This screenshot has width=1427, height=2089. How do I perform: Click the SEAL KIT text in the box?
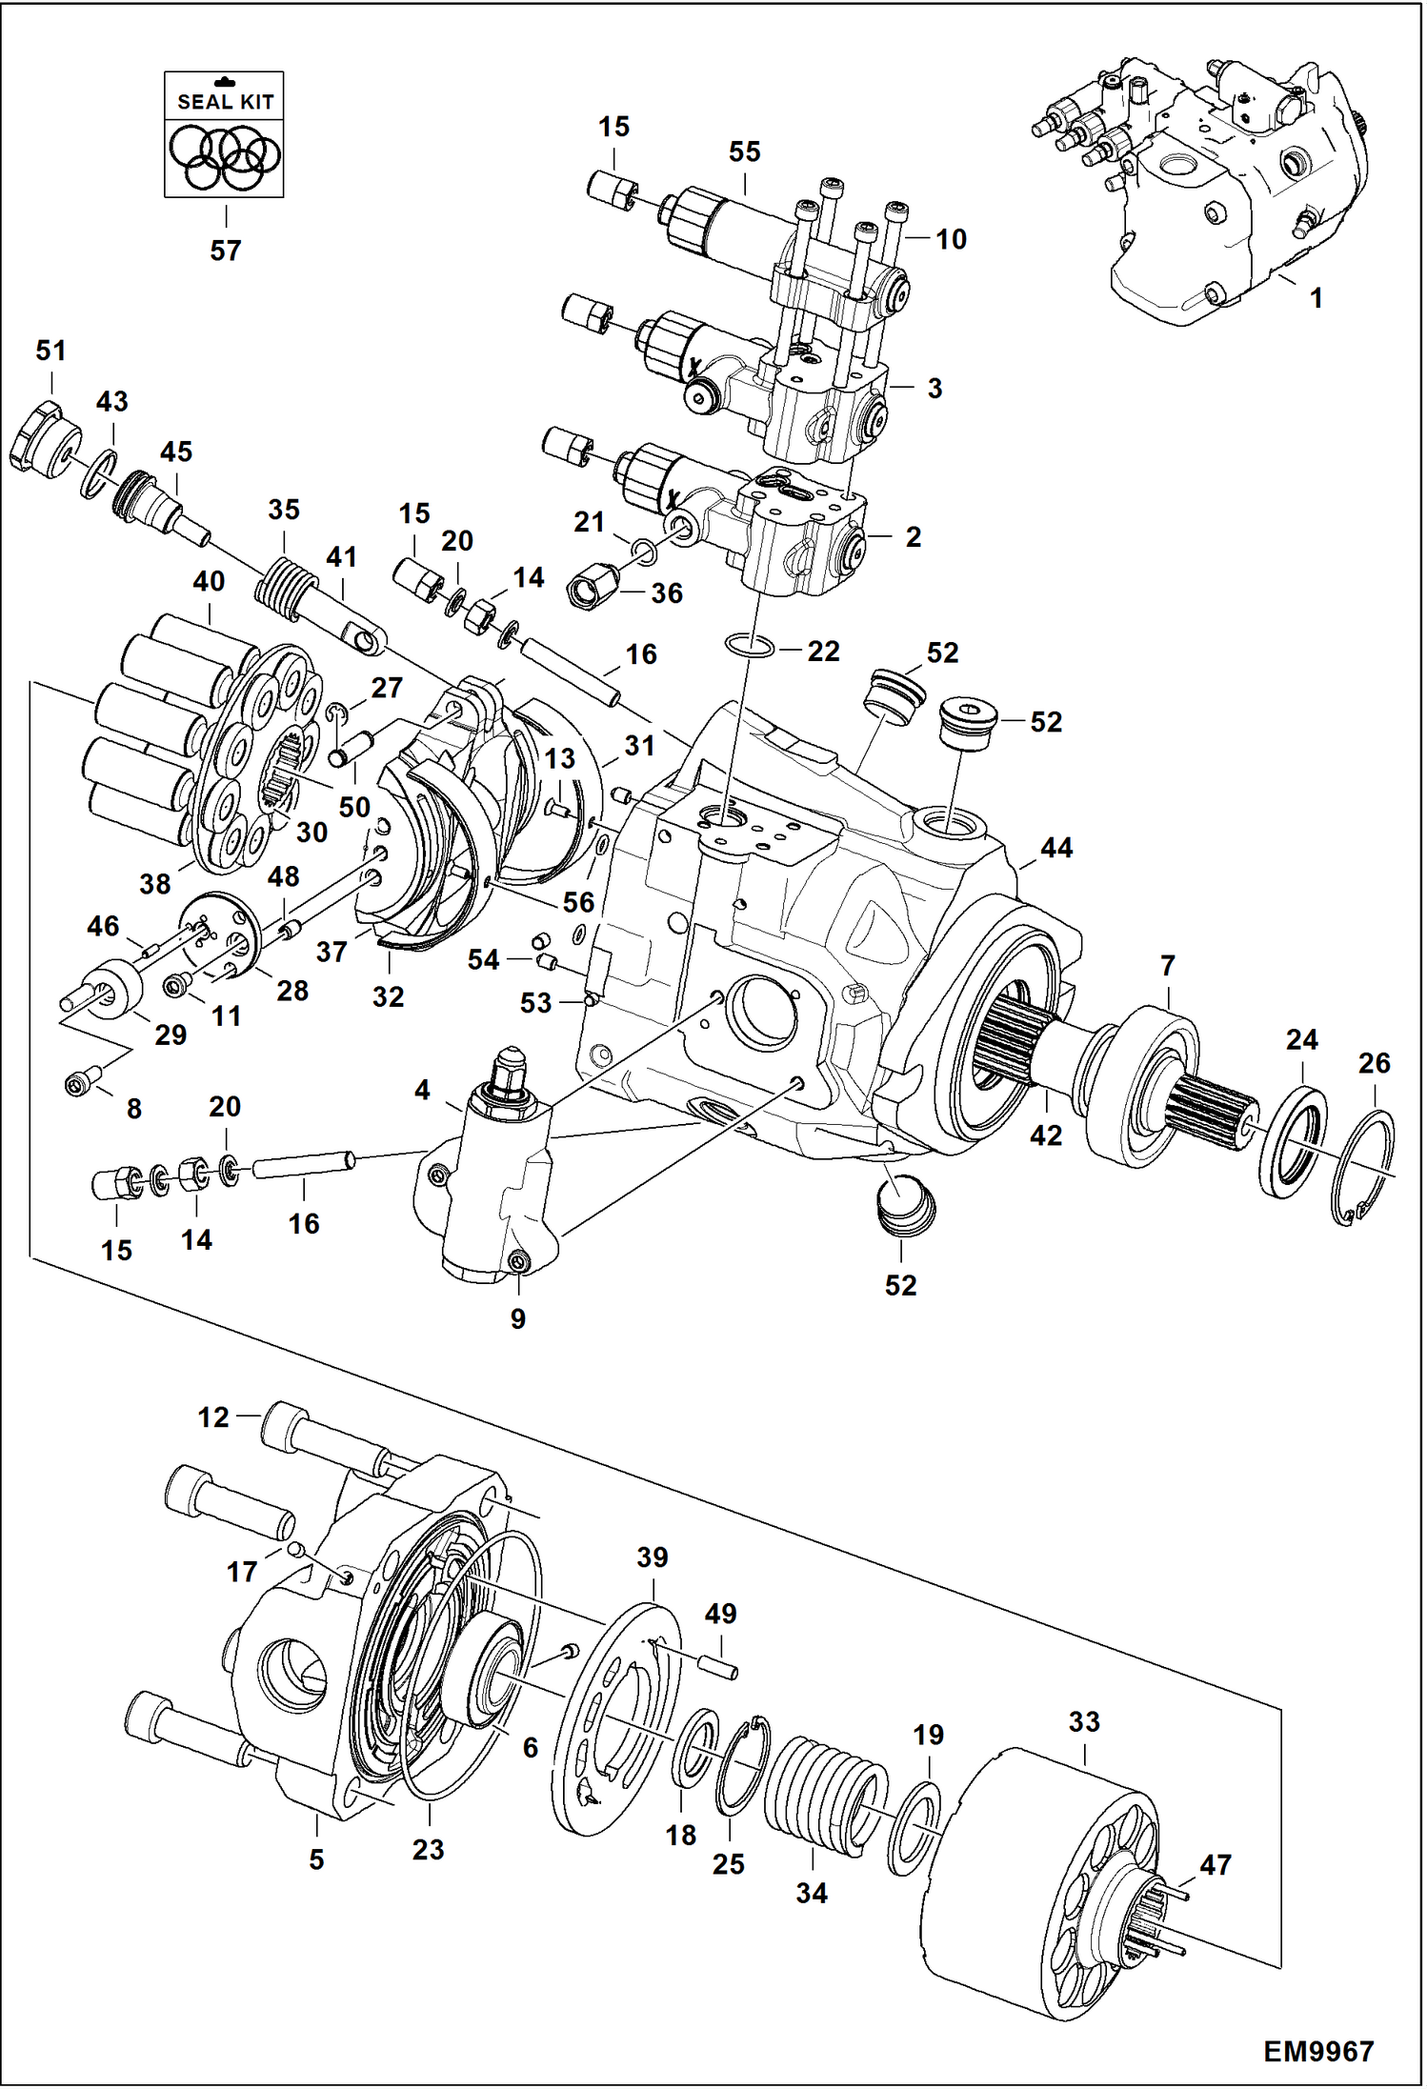[225, 102]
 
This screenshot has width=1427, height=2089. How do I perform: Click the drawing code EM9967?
[1318, 2051]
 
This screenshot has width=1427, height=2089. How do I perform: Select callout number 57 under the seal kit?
[226, 251]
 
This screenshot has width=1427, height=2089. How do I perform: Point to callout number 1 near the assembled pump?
[1316, 298]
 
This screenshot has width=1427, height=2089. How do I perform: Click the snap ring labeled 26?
[1369, 1167]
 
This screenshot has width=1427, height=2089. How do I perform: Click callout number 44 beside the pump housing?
[1056, 847]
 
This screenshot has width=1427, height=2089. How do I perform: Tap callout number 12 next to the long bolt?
[213, 1417]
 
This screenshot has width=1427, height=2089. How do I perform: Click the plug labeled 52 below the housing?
[904, 1206]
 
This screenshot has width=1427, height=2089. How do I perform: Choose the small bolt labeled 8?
[78, 1083]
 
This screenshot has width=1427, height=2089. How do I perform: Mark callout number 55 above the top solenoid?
[744, 151]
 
